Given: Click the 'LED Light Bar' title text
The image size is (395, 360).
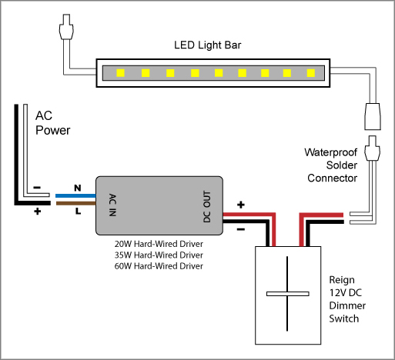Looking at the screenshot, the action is point(208,45).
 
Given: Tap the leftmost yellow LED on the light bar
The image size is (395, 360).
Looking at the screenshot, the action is point(120,73).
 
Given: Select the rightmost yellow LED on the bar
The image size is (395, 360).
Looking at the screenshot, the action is point(311,73).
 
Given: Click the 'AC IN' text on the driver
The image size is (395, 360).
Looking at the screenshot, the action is point(112,205).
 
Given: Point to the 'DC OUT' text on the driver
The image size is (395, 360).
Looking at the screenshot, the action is point(207,206).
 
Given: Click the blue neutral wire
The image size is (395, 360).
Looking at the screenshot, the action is point(75,196).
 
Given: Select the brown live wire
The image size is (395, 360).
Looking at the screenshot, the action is point(75,203).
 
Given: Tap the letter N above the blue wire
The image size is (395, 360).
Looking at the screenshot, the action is point(78,188).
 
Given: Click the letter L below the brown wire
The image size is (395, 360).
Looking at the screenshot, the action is point(78,211).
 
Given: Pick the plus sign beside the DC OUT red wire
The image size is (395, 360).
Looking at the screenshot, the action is point(241,205).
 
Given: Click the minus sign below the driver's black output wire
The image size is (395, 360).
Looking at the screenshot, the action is point(241,229).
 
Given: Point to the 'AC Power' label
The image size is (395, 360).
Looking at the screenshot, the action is point(52,123).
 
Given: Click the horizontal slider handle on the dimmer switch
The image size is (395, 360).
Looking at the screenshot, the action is point(288,294).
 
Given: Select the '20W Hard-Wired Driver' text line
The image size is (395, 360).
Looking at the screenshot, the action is point(159,244).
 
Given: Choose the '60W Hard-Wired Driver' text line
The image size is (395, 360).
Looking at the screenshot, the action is point(159,266).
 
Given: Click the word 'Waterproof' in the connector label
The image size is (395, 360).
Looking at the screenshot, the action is point(331,152).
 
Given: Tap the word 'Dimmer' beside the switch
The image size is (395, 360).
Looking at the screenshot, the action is point(347,305).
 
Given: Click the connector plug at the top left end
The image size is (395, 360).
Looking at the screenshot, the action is point(66,27).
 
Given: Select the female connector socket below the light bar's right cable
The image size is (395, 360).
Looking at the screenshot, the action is point(373,116).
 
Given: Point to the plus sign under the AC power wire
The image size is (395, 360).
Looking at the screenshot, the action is point(38,212).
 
